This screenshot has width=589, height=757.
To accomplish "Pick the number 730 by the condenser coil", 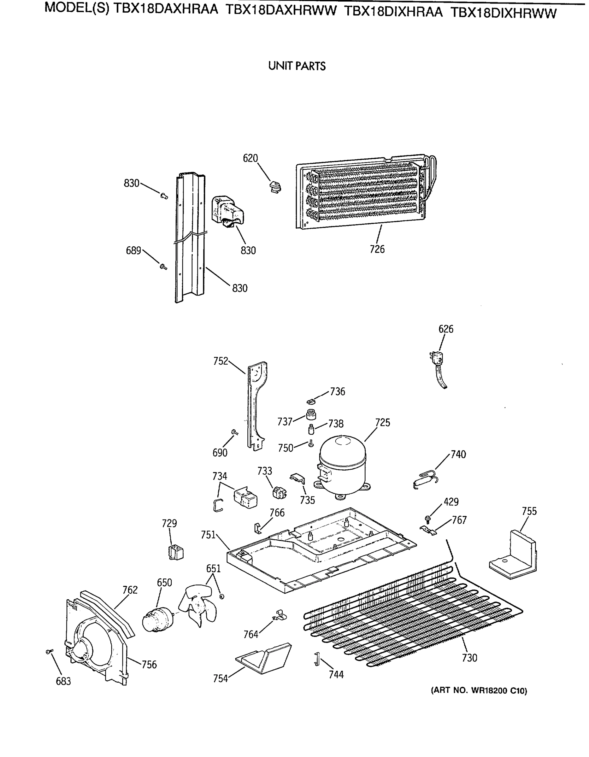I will [469, 658].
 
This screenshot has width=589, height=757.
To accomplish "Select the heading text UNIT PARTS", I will [297, 66].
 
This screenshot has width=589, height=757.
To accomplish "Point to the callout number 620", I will [250, 158].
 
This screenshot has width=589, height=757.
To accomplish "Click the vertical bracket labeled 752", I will [256, 406].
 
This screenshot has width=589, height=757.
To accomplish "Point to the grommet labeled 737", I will [311, 414].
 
